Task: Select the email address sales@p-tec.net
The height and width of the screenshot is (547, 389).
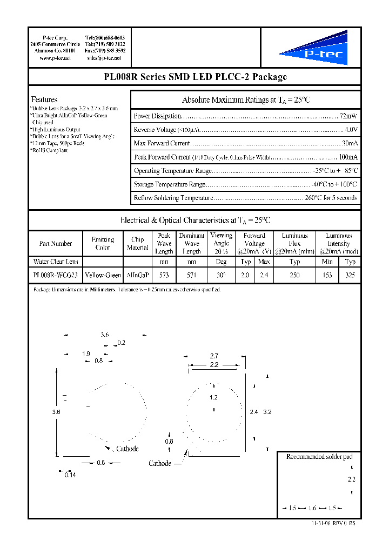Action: pos(104,58)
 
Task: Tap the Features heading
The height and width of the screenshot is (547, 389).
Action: pos(44,99)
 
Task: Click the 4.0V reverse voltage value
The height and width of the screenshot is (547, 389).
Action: pos(351,130)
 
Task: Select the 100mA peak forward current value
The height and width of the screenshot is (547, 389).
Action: pos(348,157)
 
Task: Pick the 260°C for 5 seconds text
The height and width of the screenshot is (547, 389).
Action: pos(331,198)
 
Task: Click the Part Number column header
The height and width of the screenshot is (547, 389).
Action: pos(56,244)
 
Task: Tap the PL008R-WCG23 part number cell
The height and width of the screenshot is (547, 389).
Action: pos(56,275)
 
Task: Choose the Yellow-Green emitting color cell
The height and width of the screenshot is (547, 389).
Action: pos(103,275)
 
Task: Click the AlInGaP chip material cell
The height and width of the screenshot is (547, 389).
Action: pos(137,275)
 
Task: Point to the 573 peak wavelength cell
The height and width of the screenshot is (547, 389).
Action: pos(164,275)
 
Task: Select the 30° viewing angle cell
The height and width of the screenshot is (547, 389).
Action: pos(221,275)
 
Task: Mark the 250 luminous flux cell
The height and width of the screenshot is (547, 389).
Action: pos(294,275)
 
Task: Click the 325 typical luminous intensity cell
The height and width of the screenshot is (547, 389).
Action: pos(350,275)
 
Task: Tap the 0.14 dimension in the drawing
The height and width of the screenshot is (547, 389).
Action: pos(70,475)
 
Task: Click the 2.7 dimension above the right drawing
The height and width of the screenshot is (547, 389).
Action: pos(214,356)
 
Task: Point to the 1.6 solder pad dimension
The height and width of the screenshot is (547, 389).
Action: pos(312,509)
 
